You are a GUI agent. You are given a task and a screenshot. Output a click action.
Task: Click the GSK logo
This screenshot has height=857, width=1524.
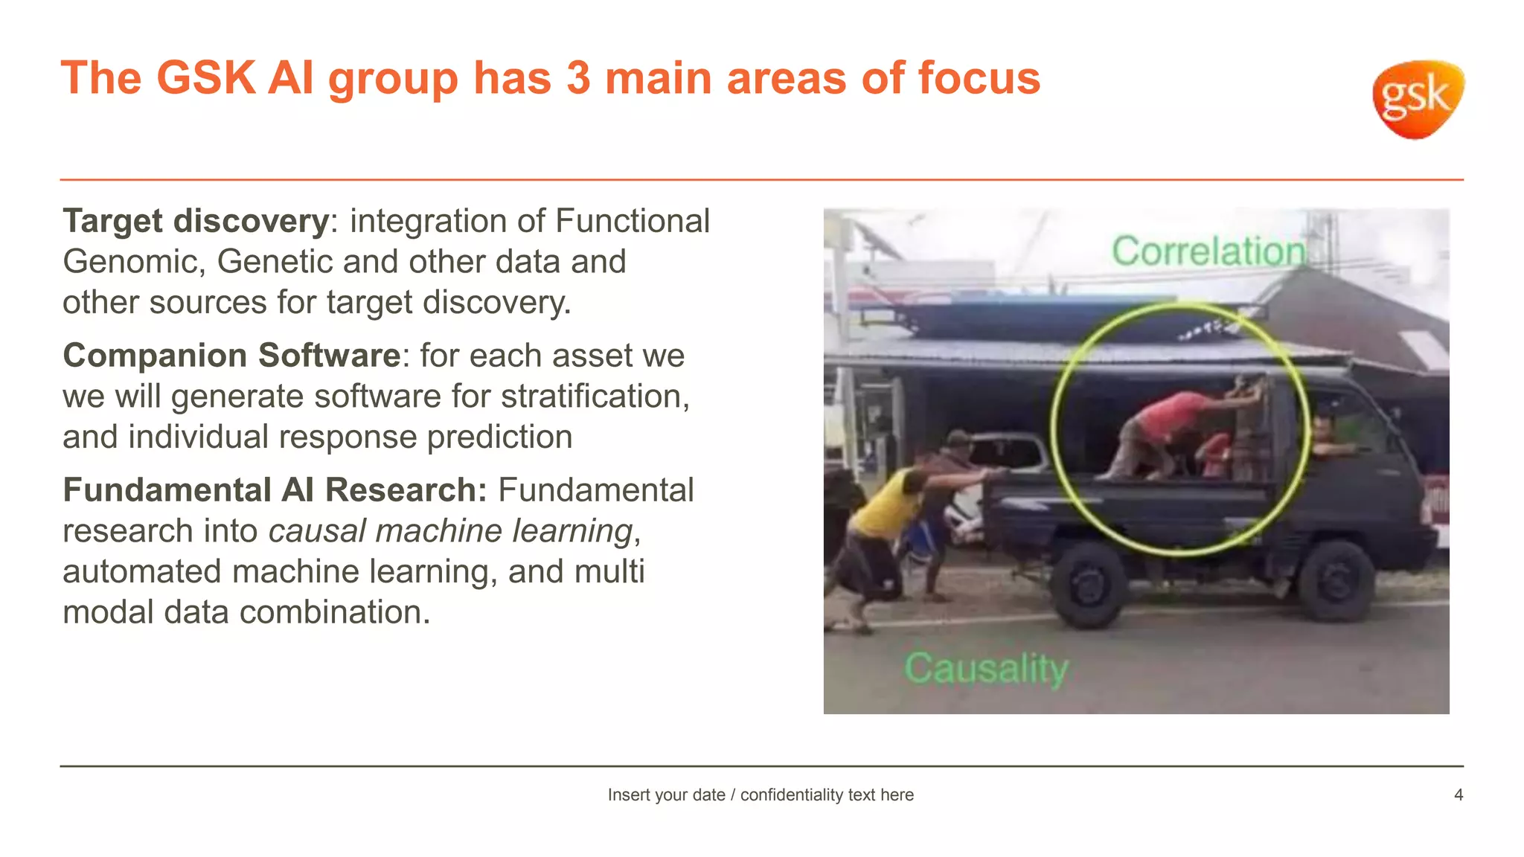click(1418, 99)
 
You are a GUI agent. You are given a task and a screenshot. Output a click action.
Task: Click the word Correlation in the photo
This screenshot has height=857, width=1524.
click(1208, 251)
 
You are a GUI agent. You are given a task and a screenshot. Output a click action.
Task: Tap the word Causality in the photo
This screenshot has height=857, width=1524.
click(986, 668)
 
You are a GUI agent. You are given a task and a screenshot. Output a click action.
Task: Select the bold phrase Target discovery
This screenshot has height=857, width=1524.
click(196, 221)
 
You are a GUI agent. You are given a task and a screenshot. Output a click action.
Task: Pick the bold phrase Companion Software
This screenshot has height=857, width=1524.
click(231, 356)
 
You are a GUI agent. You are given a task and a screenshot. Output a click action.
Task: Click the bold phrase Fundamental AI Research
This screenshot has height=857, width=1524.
click(275, 490)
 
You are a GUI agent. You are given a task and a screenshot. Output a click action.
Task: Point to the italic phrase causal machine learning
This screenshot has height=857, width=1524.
click(450, 531)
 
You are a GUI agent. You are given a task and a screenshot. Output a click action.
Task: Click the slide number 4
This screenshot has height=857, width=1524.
click(1458, 795)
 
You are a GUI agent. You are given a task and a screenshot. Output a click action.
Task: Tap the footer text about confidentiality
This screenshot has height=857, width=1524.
click(761, 795)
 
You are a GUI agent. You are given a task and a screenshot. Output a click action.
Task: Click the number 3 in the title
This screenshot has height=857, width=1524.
click(578, 78)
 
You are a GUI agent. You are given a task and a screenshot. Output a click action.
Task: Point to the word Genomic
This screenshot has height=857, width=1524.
click(134, 262)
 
